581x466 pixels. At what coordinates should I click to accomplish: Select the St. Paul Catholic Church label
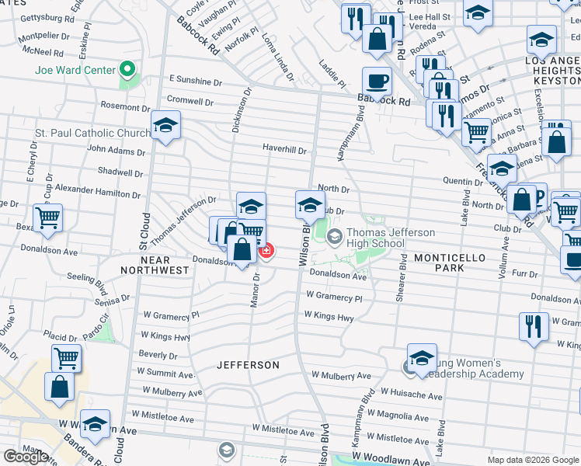[x=92, y=134]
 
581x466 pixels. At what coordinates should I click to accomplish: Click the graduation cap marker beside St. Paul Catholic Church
[x=165, y=127]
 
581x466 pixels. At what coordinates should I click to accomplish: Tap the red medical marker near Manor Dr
[x=266, y=251]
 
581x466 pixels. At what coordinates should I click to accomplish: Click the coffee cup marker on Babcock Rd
[x=377, y=81]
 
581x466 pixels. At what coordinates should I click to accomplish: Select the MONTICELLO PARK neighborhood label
[x=450, y=263]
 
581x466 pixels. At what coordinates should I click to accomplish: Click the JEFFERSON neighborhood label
[x=248, y=365]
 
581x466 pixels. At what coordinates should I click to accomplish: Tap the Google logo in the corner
[x=26, y=457]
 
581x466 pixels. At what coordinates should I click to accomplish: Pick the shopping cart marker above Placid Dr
[x=67, y=358]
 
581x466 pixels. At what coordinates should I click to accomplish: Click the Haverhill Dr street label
[x=284, y=151]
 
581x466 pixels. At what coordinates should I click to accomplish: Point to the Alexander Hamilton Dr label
[x=98, y=190]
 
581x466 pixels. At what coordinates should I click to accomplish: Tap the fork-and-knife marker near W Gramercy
[x=533, y=325]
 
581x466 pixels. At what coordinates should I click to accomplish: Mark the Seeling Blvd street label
[x=92, y=276]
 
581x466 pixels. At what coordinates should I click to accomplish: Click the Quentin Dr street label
[x=463, y=181]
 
